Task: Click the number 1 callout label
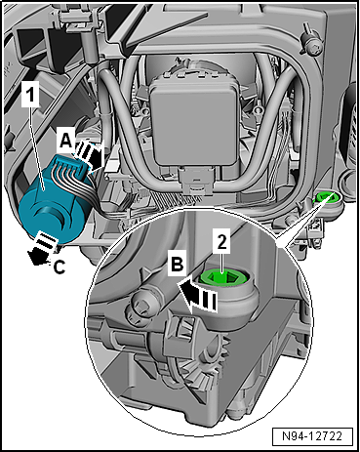coord(30,94)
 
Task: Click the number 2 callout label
coord(221,241)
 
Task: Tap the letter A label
coord(66,141)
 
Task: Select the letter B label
coord(178,264)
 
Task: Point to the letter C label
coord(60,267)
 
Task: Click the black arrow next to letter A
coord(90,155)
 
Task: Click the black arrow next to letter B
coord(198,295)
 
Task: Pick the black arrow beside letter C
coord(42,247)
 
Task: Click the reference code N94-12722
coord(312,435)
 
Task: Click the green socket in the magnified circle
coord(223,277)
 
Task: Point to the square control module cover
coord(196,120)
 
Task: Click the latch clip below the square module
coord(194,185)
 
